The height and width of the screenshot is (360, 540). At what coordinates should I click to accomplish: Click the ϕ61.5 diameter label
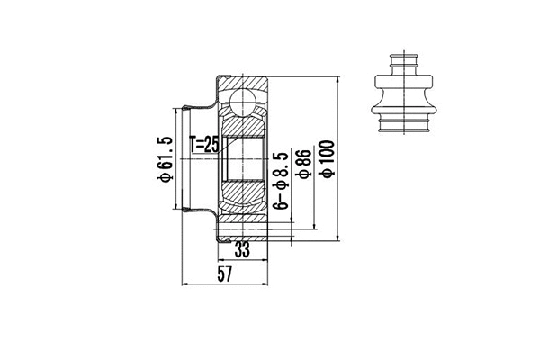[x=164, y=159]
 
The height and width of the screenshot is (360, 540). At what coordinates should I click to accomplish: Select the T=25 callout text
[x=205, y=143]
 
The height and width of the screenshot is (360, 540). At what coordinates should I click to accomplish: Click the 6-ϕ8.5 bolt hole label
[x=282, y=180]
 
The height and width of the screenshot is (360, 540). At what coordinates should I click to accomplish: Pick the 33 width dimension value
[x=242, y=249]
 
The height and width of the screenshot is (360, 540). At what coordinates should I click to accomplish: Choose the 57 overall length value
[x=225, y=275]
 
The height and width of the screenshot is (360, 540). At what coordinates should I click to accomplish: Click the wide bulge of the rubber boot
[x=403, y=97]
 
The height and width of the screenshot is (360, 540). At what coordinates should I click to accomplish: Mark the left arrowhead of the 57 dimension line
[x=185, y=284]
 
